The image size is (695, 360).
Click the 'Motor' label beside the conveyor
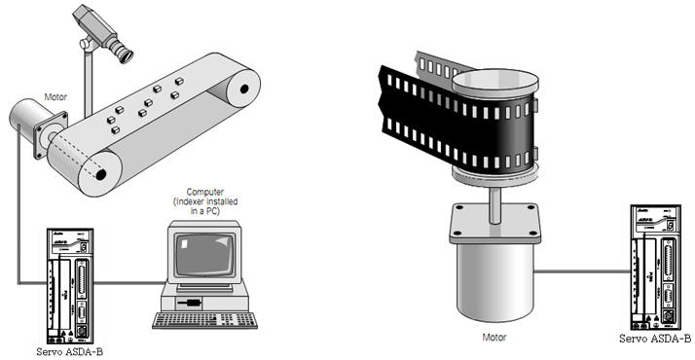pyautogui.click(x=55, y=98)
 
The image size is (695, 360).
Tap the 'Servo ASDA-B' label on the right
pyautogui.click(x=655, y=340)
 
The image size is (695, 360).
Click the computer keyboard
pyautogui.click(x=205, y=318)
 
